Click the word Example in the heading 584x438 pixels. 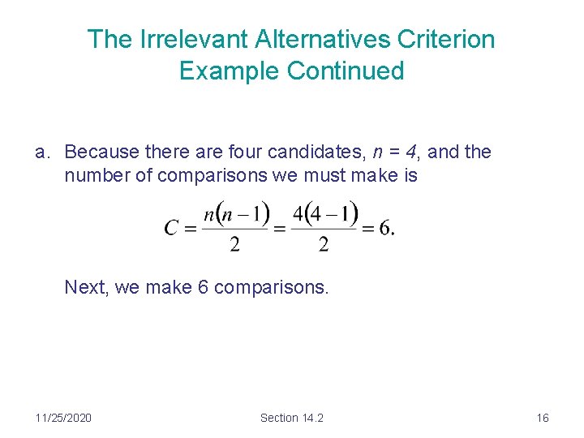point(231,71)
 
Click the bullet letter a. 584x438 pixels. point(41,152)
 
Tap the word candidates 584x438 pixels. point(320,152)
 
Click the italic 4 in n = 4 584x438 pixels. point(414,152)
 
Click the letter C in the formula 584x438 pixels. point(171,228)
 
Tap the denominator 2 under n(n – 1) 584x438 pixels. point(235,244)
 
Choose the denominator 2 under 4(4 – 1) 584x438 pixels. point(324,244)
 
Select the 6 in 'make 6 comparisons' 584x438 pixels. point(203,287)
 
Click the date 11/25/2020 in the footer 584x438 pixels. point(63,418)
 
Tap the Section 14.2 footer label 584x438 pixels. point(291,418)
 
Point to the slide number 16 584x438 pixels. point(543,418)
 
